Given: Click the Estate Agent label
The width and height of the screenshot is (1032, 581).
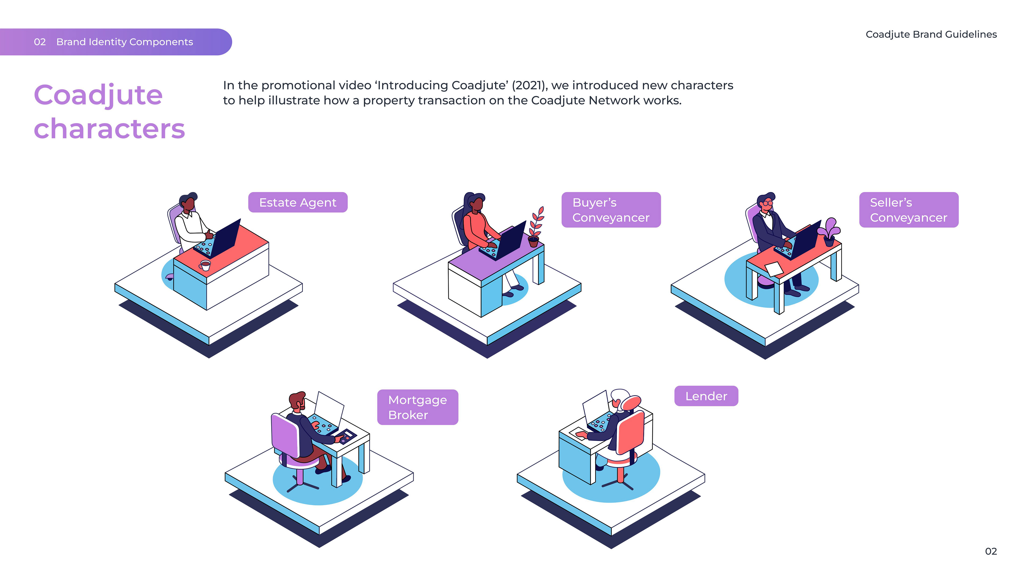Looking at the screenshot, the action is pos(298,203).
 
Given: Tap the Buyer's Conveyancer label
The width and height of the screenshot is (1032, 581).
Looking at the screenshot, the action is pos(611,210).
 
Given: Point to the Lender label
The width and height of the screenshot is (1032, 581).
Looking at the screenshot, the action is pos(706,396).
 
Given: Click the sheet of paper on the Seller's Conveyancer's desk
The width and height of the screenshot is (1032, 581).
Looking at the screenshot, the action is pos(774,269).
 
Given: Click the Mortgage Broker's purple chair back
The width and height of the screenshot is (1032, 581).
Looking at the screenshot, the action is pos(285,435).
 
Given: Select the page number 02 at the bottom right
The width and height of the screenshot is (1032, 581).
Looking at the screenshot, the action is pos(990,551).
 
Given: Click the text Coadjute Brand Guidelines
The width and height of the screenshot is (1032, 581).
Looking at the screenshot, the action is pos(931,34).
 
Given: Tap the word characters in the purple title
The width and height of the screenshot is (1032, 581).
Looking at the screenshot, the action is pos(109,129).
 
